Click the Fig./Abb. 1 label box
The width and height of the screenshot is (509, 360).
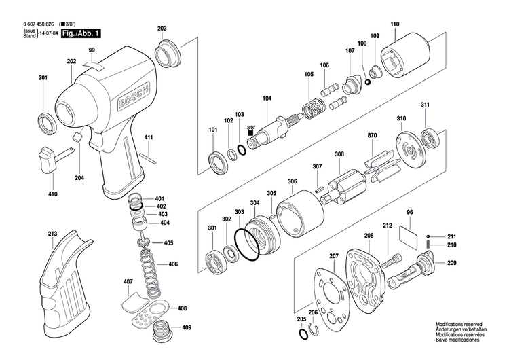coord(77,33)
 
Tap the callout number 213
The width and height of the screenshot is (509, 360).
coord(52,234)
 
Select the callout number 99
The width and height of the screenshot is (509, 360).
coord(92,52)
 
